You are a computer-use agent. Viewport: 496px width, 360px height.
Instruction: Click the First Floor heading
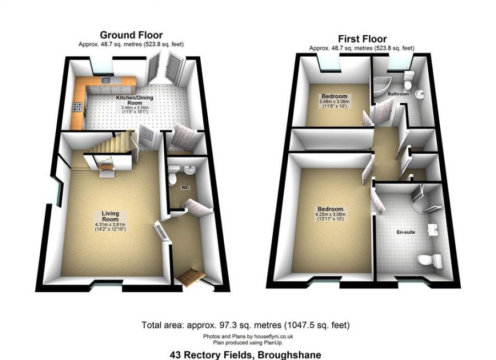pos(362,39)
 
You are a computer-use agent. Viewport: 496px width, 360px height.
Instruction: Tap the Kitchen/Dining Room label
pos(134,101)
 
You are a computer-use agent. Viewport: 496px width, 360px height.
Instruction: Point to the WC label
pos(186,187)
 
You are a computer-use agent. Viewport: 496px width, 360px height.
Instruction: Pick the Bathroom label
pos(398,94)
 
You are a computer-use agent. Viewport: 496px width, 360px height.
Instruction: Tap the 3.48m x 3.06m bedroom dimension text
pos(335,102)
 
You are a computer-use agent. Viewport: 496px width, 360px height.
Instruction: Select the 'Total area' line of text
pos(245,325)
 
